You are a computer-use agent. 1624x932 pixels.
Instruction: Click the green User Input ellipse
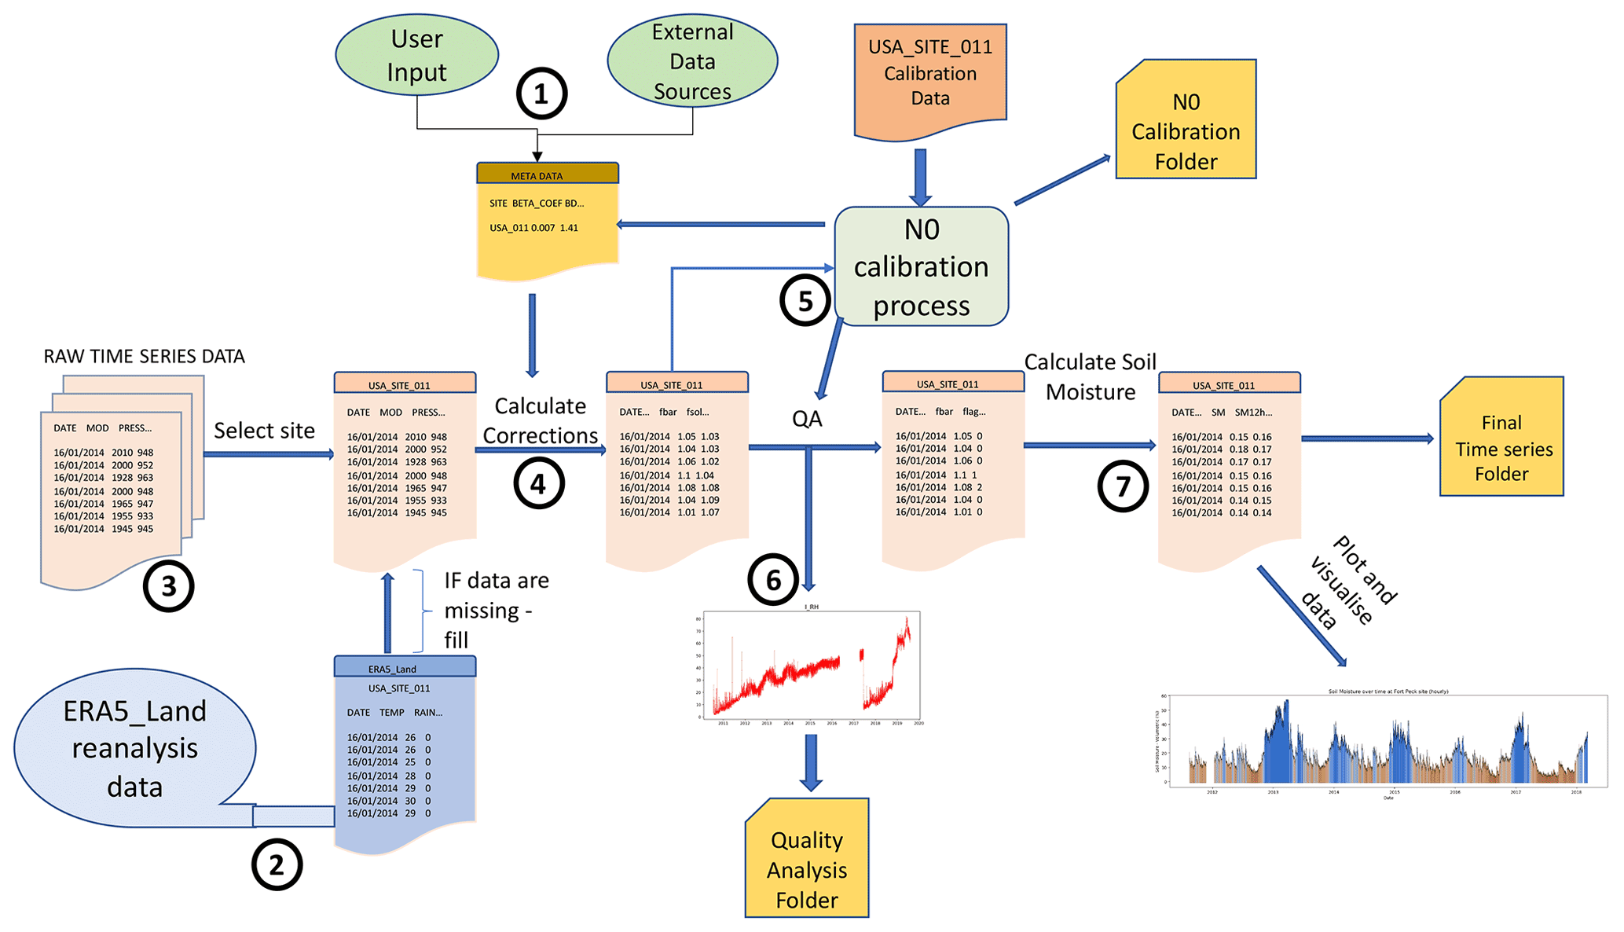pyautogui.click(x=416, y=55)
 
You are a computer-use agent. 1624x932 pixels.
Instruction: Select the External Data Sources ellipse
pyautogui.click(x=692, y=61)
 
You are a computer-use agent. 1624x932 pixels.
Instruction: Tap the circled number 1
pyautogui.click(x=541, y=94)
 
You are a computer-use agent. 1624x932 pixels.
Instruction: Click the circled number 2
pyautogui.click(x=277, y=864)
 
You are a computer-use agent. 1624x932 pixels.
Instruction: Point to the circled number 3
pyautogui.click(x=168, y=586)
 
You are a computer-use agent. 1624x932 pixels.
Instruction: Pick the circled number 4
pyautogui.click(x=538, y=483)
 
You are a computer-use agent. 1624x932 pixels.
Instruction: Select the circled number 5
pyautogui.click(x=805, y=301)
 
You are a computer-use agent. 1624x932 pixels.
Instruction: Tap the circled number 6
pyautogui.click(x=773, y=580)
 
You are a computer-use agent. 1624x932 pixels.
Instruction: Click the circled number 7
pyautogui.click(x=1123, y=486)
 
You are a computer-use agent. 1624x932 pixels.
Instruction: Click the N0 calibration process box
pyautogui.click(x=921, y=266)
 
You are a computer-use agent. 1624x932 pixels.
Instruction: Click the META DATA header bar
pyautogui.click(x=548, y=174)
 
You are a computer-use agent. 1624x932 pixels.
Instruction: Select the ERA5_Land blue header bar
pyautogui.click(x=405, y=667)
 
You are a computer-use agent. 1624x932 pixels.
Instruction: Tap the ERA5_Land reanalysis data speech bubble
pyautogui.click(x=135, y=748)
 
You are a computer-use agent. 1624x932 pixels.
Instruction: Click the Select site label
pyautogui.click(x=264, y=431)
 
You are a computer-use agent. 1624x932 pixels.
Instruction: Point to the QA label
pyautogui.click(x=807, y=419)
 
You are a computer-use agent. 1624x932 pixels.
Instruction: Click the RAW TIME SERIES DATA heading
pyautogui.click(x=145, y=357)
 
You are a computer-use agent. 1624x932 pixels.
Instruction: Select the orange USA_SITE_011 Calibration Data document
pyautogui.click(x=930, y=79)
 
